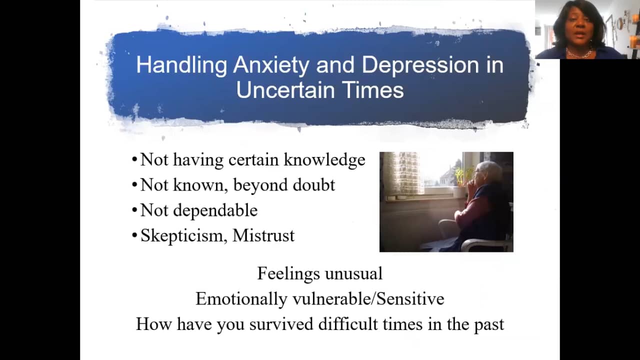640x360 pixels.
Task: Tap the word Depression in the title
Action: coord(420,65)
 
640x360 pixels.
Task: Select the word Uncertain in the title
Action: coord(285,89)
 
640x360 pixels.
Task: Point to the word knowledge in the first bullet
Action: coord(324,160)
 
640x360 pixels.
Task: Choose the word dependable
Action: coord(215,211)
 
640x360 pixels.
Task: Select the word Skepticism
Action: coord(184,235)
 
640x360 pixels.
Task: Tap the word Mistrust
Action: coord(263,235)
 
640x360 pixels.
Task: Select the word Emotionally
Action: coord(241,299)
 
